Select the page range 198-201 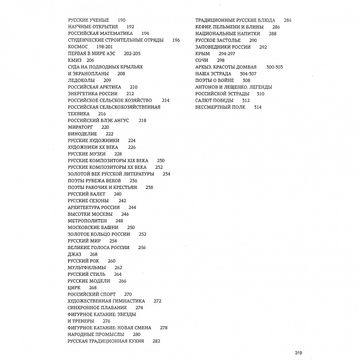tap(104, 47)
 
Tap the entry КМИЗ tap(75, 60)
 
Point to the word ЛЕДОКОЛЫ tap(81, 80)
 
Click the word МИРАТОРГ tap(81, 127)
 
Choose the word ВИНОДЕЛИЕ tap(82, 134)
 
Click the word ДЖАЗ tap(74, 254)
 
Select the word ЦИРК tap(74, 287)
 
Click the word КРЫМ tap(203, 54)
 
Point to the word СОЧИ tap(202, 60)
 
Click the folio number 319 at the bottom tap(298, 352)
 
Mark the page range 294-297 tap(227, 54)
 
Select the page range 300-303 tap(275, 67)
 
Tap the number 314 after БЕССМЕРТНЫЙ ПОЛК tap(258, 107)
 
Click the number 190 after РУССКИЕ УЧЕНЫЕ tap(121, 20)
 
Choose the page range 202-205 tap(132, 54)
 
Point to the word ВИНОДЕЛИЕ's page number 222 tap(110, 134)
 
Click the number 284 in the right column tap(288, 20)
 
